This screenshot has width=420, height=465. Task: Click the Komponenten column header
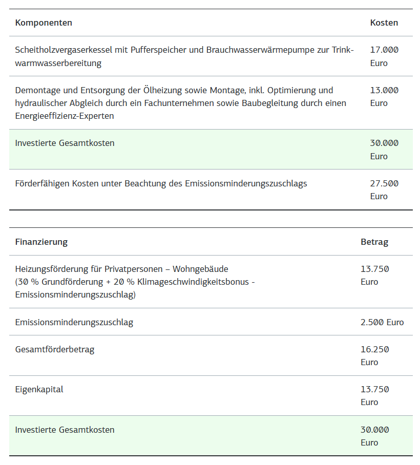tap(44, 23)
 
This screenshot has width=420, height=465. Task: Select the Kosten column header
tap(384, 23)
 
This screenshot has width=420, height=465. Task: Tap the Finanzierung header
tap(41, 242)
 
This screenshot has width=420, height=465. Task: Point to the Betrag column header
tap(374, 242)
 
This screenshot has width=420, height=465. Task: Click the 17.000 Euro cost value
tap(384, 56)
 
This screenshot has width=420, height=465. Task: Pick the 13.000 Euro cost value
tap(384, 96)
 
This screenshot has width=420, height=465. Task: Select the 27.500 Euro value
tap(384, 189)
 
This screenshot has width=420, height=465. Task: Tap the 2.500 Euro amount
tap(382, 322)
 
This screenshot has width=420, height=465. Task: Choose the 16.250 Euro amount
tap(374, 355)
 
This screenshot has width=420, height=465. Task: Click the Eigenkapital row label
tap(39, 389)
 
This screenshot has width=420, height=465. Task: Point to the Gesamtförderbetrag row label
tap(54, 349)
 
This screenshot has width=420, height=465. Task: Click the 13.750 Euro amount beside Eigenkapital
tap(374, 395)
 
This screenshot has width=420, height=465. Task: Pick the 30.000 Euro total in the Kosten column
tap(384, 150)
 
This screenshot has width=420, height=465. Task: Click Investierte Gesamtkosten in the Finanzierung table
tap(65, 430)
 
